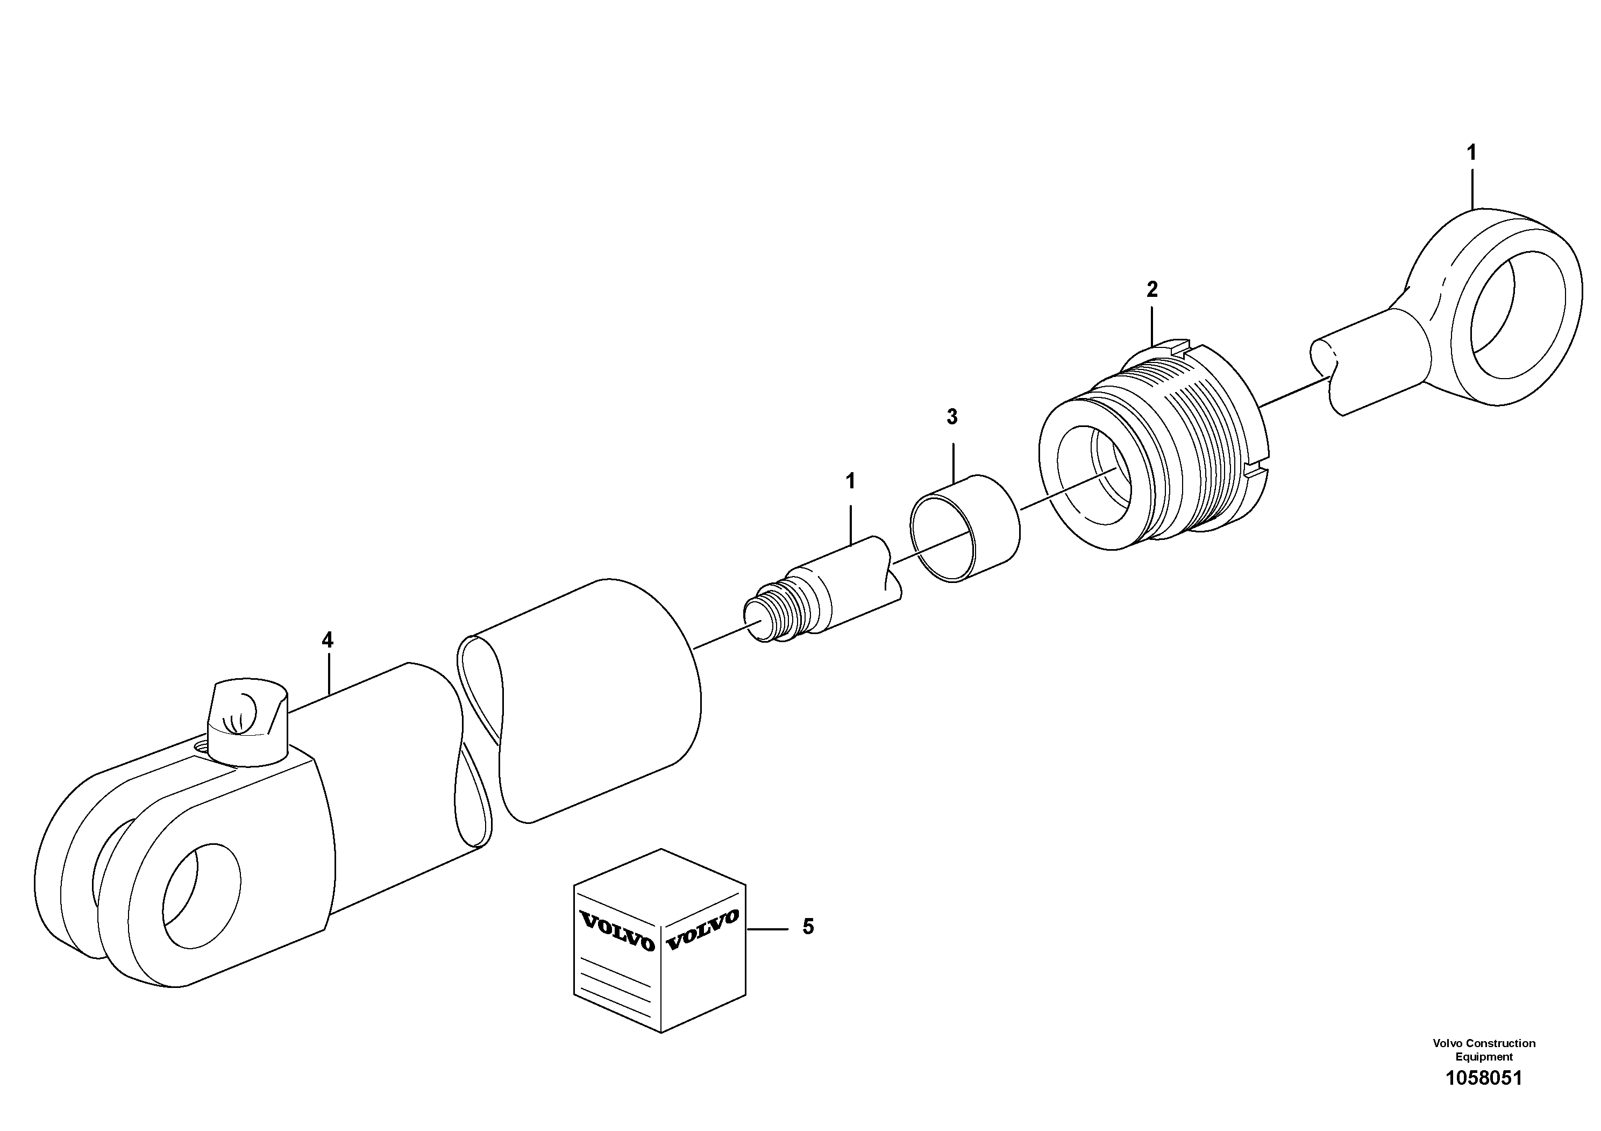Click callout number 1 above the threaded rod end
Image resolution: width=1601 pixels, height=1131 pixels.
(850, 481)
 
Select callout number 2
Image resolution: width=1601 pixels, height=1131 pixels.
(1152, 289)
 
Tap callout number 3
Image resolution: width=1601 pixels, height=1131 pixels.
(952, 417)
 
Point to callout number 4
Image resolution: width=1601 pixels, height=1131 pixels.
(327, 639)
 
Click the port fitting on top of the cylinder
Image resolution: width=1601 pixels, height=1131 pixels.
(247, 722)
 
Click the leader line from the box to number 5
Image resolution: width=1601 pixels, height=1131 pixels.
(767, 929)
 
